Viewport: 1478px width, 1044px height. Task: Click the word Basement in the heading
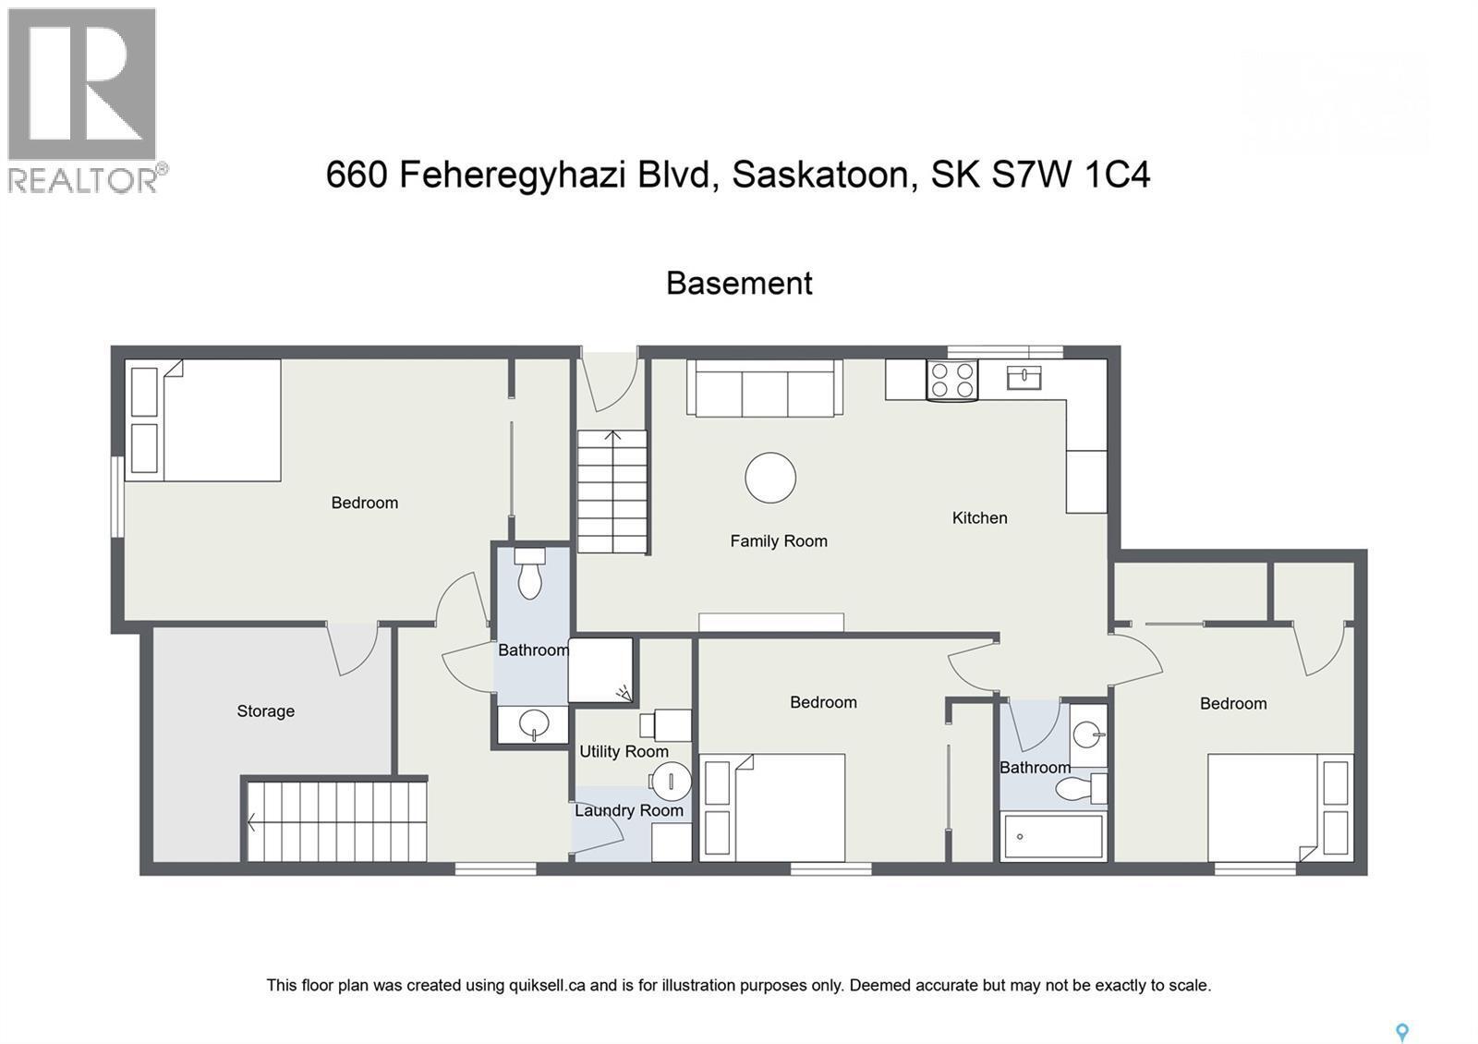(x=739, y=283)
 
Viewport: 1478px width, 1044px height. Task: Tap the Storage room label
(x=265, y=711)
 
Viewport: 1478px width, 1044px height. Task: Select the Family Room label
(x=779, y=541)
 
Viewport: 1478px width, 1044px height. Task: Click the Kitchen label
(x=979, y=518)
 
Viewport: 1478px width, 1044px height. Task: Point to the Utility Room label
(x=624, y=752)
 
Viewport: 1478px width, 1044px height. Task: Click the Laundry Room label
(x=629, y=811)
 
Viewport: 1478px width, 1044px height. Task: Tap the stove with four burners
(x=952, y=381)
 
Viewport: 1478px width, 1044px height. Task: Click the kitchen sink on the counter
(x=1024, y=378)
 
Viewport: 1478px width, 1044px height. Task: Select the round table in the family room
(x=770, y=478)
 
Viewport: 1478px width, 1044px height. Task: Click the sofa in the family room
(x=764, y=389)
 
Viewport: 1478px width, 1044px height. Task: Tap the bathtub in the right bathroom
(x=1053, y=836)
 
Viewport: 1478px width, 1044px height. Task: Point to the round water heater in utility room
(x=672, y=782)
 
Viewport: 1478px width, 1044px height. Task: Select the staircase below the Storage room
(x=336, y=821)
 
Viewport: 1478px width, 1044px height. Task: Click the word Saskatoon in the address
(x=825, y=175)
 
